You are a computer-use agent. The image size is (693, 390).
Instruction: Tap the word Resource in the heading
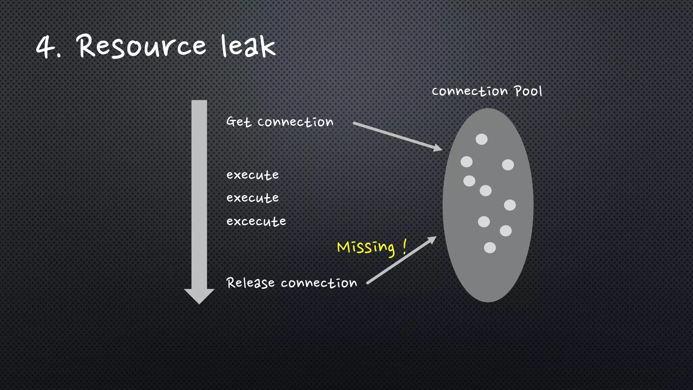142,47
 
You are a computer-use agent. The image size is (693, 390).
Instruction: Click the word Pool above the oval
528,91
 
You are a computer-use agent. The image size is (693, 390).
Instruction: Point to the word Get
239,122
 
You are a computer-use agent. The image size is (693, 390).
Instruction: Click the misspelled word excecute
256,221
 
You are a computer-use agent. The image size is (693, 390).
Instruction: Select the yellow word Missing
366,247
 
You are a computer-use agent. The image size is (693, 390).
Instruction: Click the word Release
250,283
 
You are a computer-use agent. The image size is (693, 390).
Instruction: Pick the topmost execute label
252,175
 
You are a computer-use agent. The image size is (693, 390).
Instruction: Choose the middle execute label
252,198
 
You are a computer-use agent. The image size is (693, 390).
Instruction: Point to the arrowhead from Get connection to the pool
438,148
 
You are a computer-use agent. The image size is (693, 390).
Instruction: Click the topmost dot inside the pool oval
482,139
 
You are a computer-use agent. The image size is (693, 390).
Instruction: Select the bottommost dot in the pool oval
490,247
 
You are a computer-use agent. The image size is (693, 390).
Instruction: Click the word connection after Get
295,122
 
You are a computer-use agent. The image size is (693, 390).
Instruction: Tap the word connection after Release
319,283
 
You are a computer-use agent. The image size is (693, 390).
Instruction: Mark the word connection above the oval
470,91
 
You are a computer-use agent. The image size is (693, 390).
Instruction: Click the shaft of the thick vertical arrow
199,193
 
